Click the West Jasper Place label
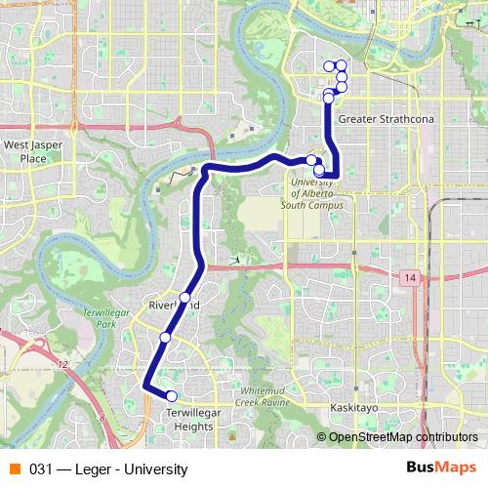[x=25, y=150]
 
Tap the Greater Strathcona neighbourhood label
[x=377, y=119]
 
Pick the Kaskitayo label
[x=353, y=405]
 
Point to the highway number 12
[x=62, y=364]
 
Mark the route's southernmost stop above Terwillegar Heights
[x=171, y=395]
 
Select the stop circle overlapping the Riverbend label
[x=184, y=297]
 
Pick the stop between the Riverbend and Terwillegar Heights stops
[x=165, y=337]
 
